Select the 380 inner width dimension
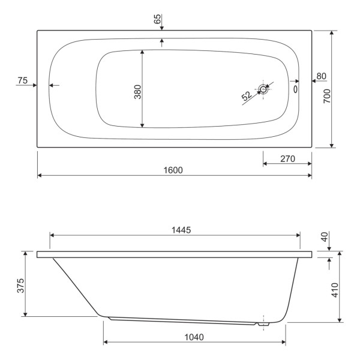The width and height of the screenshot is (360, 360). coord(137,91)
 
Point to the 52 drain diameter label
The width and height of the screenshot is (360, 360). coord(247,95)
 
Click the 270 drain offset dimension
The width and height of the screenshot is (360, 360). coord(286,159)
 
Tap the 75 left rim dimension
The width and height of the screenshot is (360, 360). coord(23,80)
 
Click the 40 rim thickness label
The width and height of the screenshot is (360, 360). coord(325,238)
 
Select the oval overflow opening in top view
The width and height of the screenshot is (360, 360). coord(295,88)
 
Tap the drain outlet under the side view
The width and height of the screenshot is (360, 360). coord(262,325)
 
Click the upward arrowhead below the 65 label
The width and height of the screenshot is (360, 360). coord(162,41)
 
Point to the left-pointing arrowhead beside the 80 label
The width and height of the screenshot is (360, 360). coord(314,81)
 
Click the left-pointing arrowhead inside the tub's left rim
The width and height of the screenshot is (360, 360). coord(52,85)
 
